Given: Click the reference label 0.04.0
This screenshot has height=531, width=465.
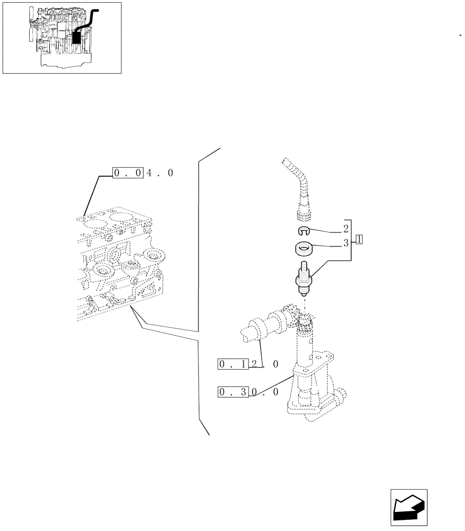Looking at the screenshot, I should (142, 173).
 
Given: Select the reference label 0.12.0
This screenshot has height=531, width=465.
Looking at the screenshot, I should (248, 364).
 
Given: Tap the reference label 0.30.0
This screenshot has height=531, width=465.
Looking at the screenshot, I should (248, 392).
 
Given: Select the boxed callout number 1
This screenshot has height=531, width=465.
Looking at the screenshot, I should (359, 239).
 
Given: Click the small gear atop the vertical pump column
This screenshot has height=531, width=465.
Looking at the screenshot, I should (306, 321).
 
